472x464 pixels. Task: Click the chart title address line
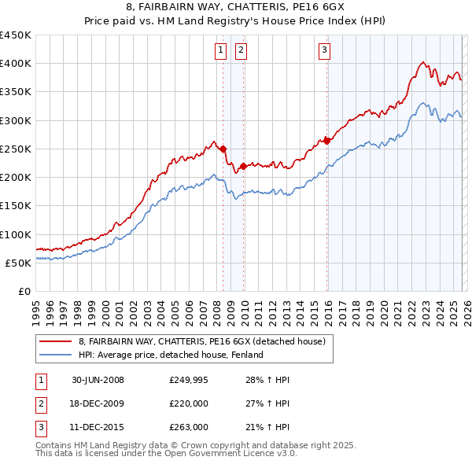pyautogui.click(x=236, y=9)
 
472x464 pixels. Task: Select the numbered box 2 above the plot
pyautogui.click(x=240, y=51)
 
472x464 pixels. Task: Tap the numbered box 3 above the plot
pyautogui.click(x=324, y=51)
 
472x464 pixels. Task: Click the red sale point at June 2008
pyautogui.click(x=223, y=149)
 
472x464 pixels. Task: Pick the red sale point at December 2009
pyautogui.click(x=243, y=166)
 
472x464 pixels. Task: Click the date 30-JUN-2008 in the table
pyautogui.click(x=98, y=380)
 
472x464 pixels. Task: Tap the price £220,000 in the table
pyautogui.click(x=189, y=403)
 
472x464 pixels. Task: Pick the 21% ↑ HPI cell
pyautogui.click(x=271, y=427)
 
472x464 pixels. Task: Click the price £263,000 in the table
pyautogui.click(x=189, y=427)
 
